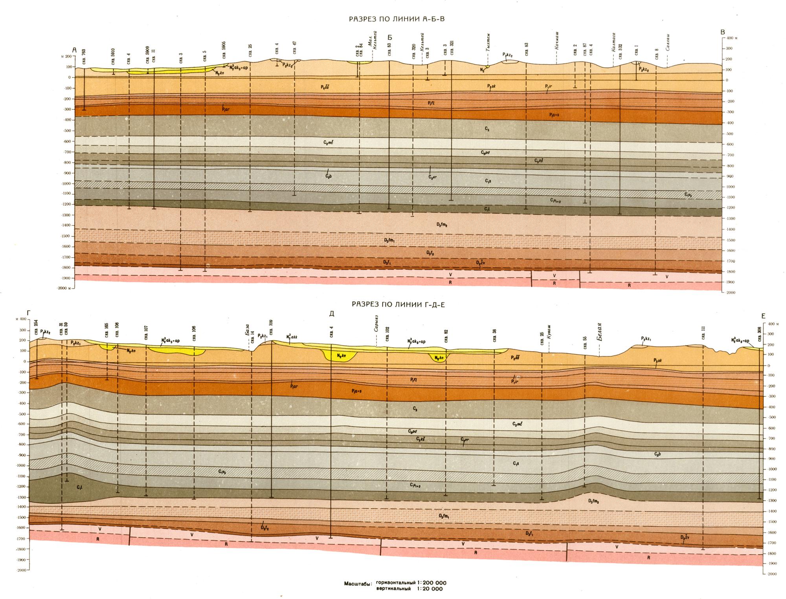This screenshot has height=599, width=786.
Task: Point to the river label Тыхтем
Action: click(x=488, y=46)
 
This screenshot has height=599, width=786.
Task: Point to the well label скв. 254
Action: click(x=36, y=327)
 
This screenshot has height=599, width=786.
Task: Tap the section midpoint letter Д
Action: click(x=332, y=313)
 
